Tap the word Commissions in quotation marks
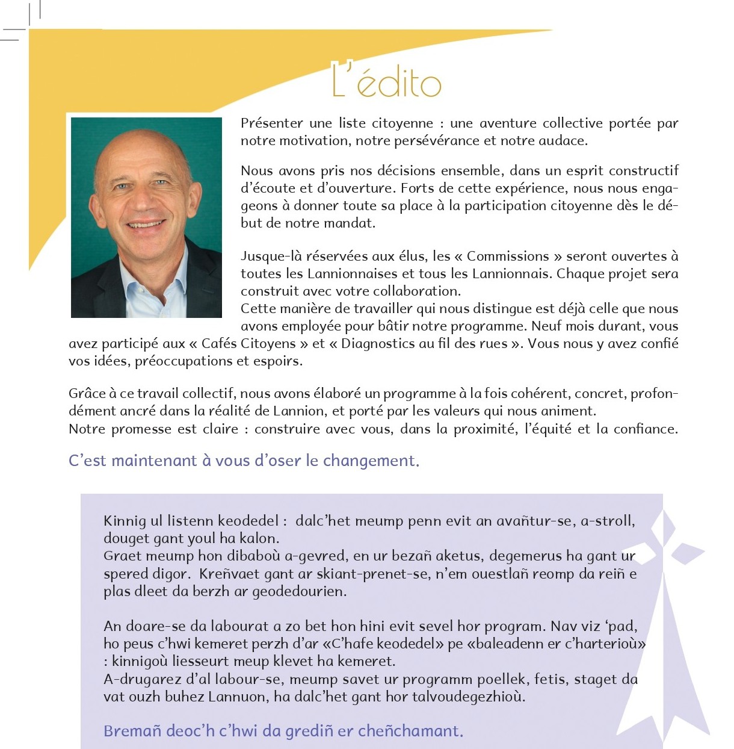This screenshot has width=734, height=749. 508,256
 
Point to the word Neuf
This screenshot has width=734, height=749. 545,326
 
